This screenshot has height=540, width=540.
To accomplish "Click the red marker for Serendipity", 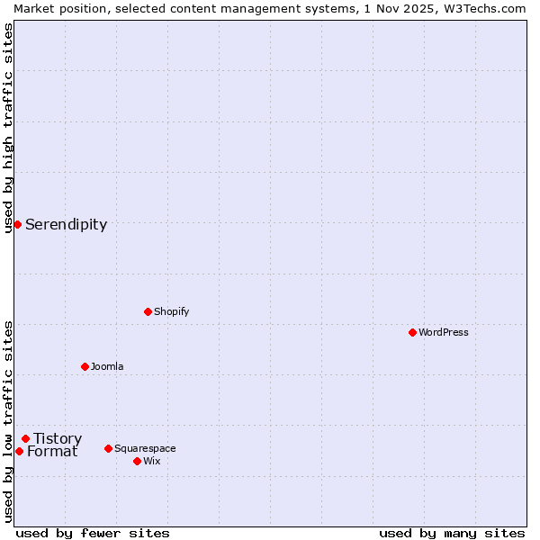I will [17, 224].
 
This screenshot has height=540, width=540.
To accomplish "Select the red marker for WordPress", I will [412, 332].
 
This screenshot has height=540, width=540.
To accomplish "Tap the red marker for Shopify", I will [148, 311].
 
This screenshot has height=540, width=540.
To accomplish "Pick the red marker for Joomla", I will [85, 366].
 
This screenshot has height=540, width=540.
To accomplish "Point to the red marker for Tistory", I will [25, 438].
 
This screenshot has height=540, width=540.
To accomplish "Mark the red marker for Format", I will [19, 451].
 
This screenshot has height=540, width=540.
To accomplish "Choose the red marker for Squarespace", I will [108, 448].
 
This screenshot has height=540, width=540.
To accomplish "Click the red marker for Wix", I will [137, 461].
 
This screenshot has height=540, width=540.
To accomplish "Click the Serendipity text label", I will [66, 225].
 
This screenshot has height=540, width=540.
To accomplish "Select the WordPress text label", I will [444, 332].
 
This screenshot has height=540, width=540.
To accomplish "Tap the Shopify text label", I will [171, 311].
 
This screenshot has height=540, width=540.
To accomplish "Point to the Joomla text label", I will [107, 366].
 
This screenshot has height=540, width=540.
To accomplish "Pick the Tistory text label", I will [58, 439].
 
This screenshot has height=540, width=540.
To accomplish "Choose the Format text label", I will [52, 452].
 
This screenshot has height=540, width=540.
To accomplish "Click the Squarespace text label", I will [145, 448].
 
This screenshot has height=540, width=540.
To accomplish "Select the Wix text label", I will [151, 461].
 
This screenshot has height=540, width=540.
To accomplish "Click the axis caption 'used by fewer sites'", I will [93, 533].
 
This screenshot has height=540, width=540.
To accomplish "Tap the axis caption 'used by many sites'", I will [452, 533].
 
